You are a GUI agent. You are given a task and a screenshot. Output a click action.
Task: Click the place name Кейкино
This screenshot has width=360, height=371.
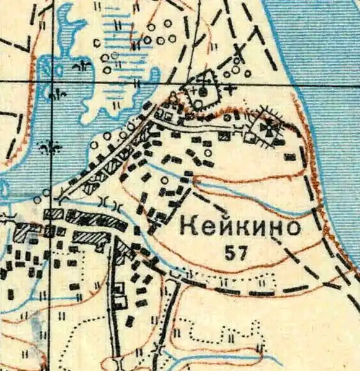coord(240,227)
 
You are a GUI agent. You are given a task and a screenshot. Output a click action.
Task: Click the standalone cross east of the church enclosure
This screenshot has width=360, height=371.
coord(231,89)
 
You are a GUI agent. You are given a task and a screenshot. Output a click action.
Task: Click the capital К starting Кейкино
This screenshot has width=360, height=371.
coord(188,227)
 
